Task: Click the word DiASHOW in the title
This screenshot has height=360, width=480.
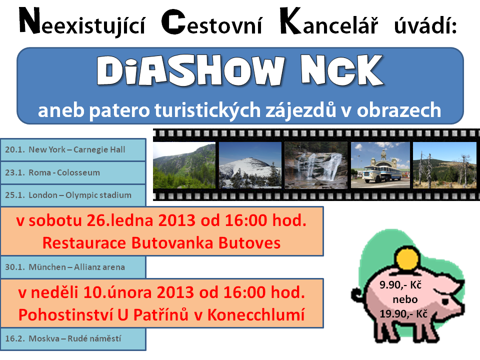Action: (x=190, y=70)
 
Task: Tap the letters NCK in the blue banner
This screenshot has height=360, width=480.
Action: (x=342, y=70)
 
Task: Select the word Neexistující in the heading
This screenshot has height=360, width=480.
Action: (x=82, y=22)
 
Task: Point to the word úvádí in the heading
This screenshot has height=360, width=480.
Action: (x=425, y=24)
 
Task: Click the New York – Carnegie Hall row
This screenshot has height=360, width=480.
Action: (x=73, y=149)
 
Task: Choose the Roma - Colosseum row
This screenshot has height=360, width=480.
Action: (x=73, y=172)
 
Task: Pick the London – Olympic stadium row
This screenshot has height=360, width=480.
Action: (x=73, y=195)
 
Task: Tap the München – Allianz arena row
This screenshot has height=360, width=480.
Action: (x=73, y=267)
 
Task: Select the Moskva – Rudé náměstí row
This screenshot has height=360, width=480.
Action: (x=73, y=339)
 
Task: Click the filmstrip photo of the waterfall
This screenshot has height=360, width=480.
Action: (x=316, y=165)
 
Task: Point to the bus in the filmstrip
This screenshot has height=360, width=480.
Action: (x=381, y=173)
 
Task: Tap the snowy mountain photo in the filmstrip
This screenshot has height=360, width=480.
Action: (x=250, y=165)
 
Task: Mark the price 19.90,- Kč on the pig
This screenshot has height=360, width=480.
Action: (x=403, y=314)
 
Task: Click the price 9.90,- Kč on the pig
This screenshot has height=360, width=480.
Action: (x=400, y=285)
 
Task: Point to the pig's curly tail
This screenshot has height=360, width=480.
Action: (x=358, y=294)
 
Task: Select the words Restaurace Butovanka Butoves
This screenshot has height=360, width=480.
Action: (x=161, y=243)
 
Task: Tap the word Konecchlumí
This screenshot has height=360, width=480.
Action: (x=256, y=314)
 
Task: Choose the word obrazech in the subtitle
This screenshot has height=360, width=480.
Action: (x=399, y=110)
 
